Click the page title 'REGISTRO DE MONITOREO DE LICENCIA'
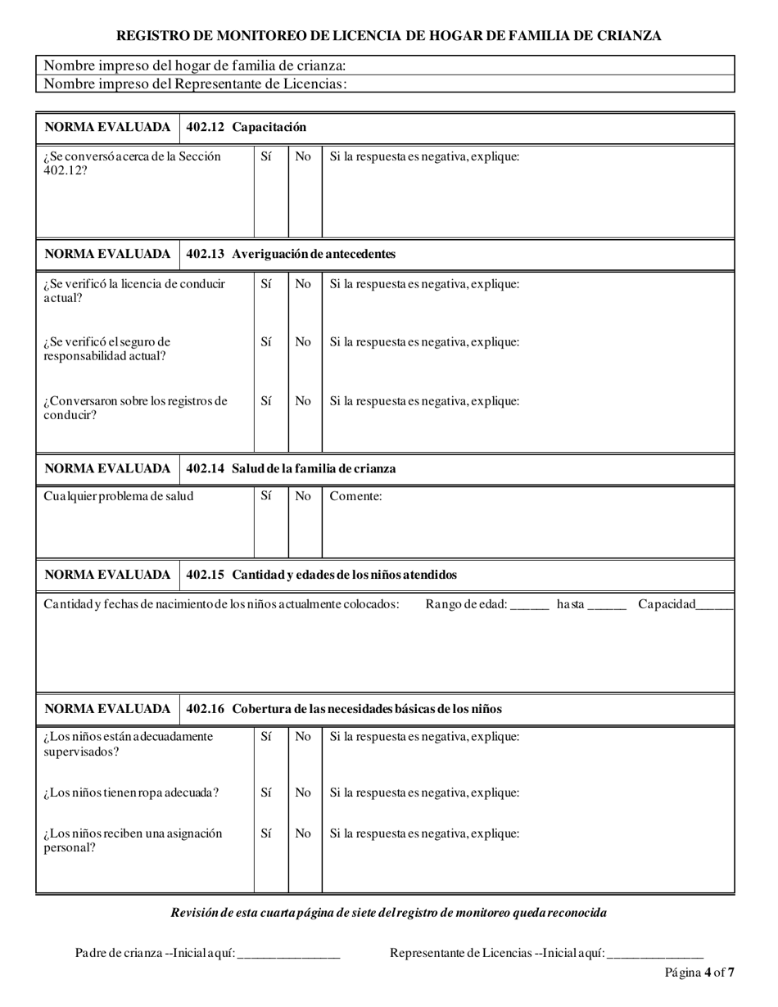388,36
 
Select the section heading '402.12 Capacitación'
247,127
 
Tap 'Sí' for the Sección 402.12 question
266,156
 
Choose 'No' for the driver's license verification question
303,284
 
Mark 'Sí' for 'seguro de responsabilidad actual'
266,342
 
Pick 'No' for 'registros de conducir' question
303,401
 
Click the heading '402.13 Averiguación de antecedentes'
291,254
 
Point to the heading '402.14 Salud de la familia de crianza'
291,468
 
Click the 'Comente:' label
355,496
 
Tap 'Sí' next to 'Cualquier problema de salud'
266,496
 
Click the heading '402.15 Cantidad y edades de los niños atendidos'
322,575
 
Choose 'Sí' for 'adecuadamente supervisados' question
266,737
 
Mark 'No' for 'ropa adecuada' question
303,793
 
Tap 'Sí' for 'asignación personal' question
266,833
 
